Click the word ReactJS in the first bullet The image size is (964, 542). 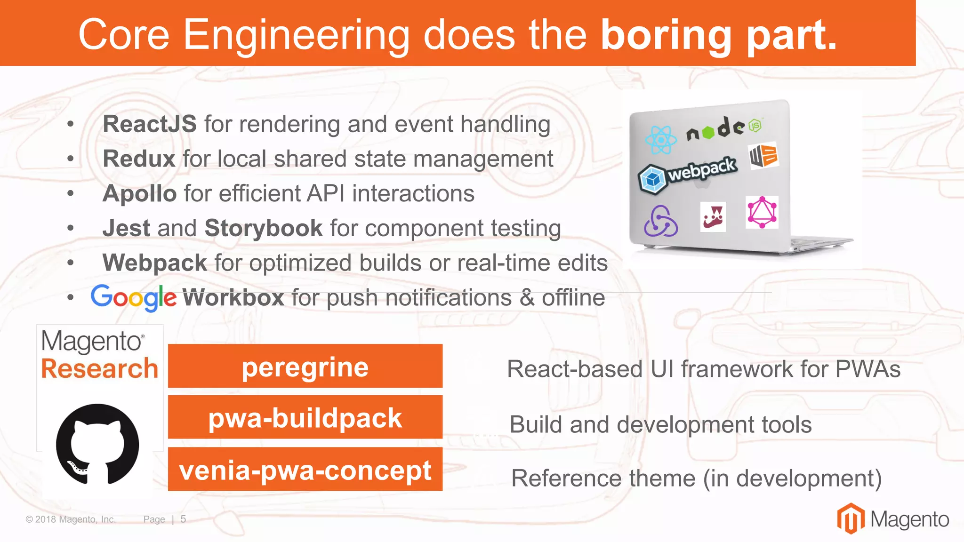149,124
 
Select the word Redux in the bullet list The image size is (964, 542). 139,159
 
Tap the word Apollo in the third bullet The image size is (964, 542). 139,194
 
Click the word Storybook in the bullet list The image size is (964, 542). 264,228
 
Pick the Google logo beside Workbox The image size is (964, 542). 134,298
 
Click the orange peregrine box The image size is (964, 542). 305,366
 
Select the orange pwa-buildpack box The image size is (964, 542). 305,417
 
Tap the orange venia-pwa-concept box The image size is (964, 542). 305,469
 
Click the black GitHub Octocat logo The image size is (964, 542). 97,445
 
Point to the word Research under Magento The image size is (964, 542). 99,368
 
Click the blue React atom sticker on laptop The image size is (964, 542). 660,140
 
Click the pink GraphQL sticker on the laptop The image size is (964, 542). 762,212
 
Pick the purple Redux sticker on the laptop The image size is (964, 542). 660,221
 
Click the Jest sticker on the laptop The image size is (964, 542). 713,217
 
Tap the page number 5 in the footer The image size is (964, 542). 183,519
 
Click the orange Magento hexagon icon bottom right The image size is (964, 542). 850,518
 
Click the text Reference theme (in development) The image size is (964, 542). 696,478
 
